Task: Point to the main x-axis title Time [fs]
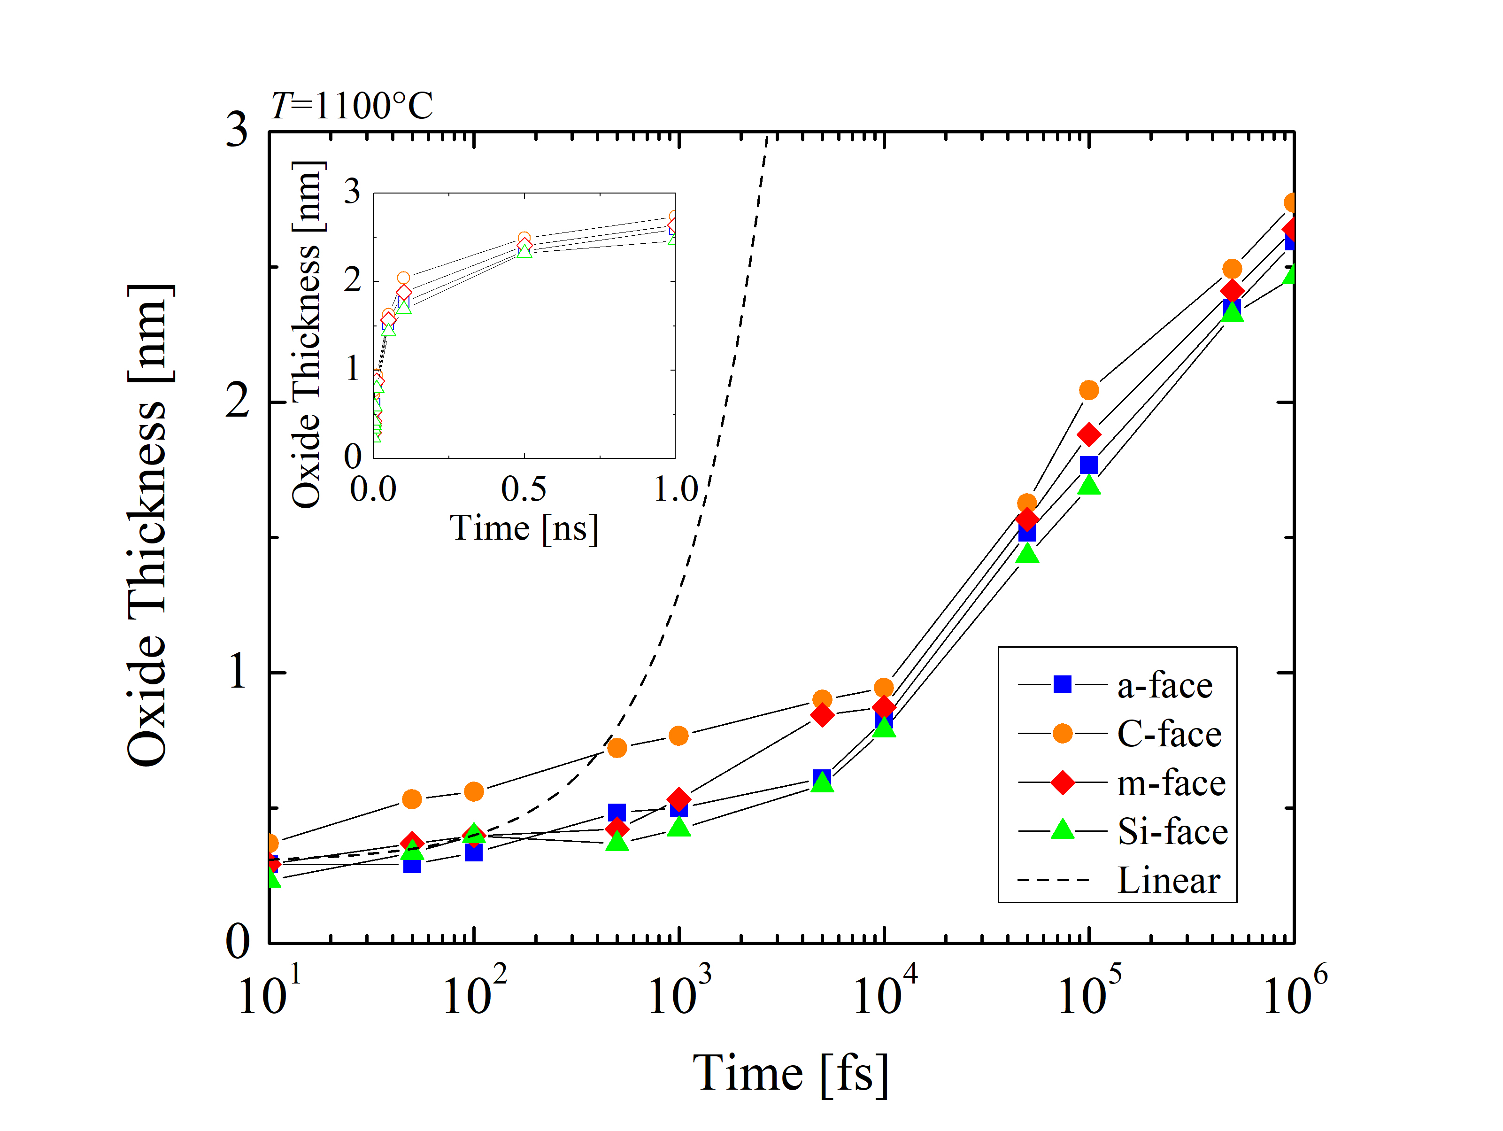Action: pos(790,1074)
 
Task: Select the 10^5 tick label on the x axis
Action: pos(1089,992)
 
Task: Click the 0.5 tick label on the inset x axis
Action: pos(523,489)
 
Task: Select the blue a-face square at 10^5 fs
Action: pos(1088,465)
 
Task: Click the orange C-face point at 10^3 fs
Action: pos(678,736)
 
